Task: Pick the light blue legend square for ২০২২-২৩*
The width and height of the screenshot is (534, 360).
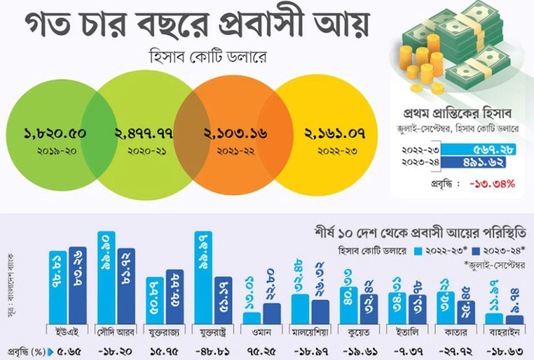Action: point(417,249)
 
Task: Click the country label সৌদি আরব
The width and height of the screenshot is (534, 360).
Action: point(116,331)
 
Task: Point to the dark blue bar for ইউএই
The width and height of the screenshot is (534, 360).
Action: point(78,285)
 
